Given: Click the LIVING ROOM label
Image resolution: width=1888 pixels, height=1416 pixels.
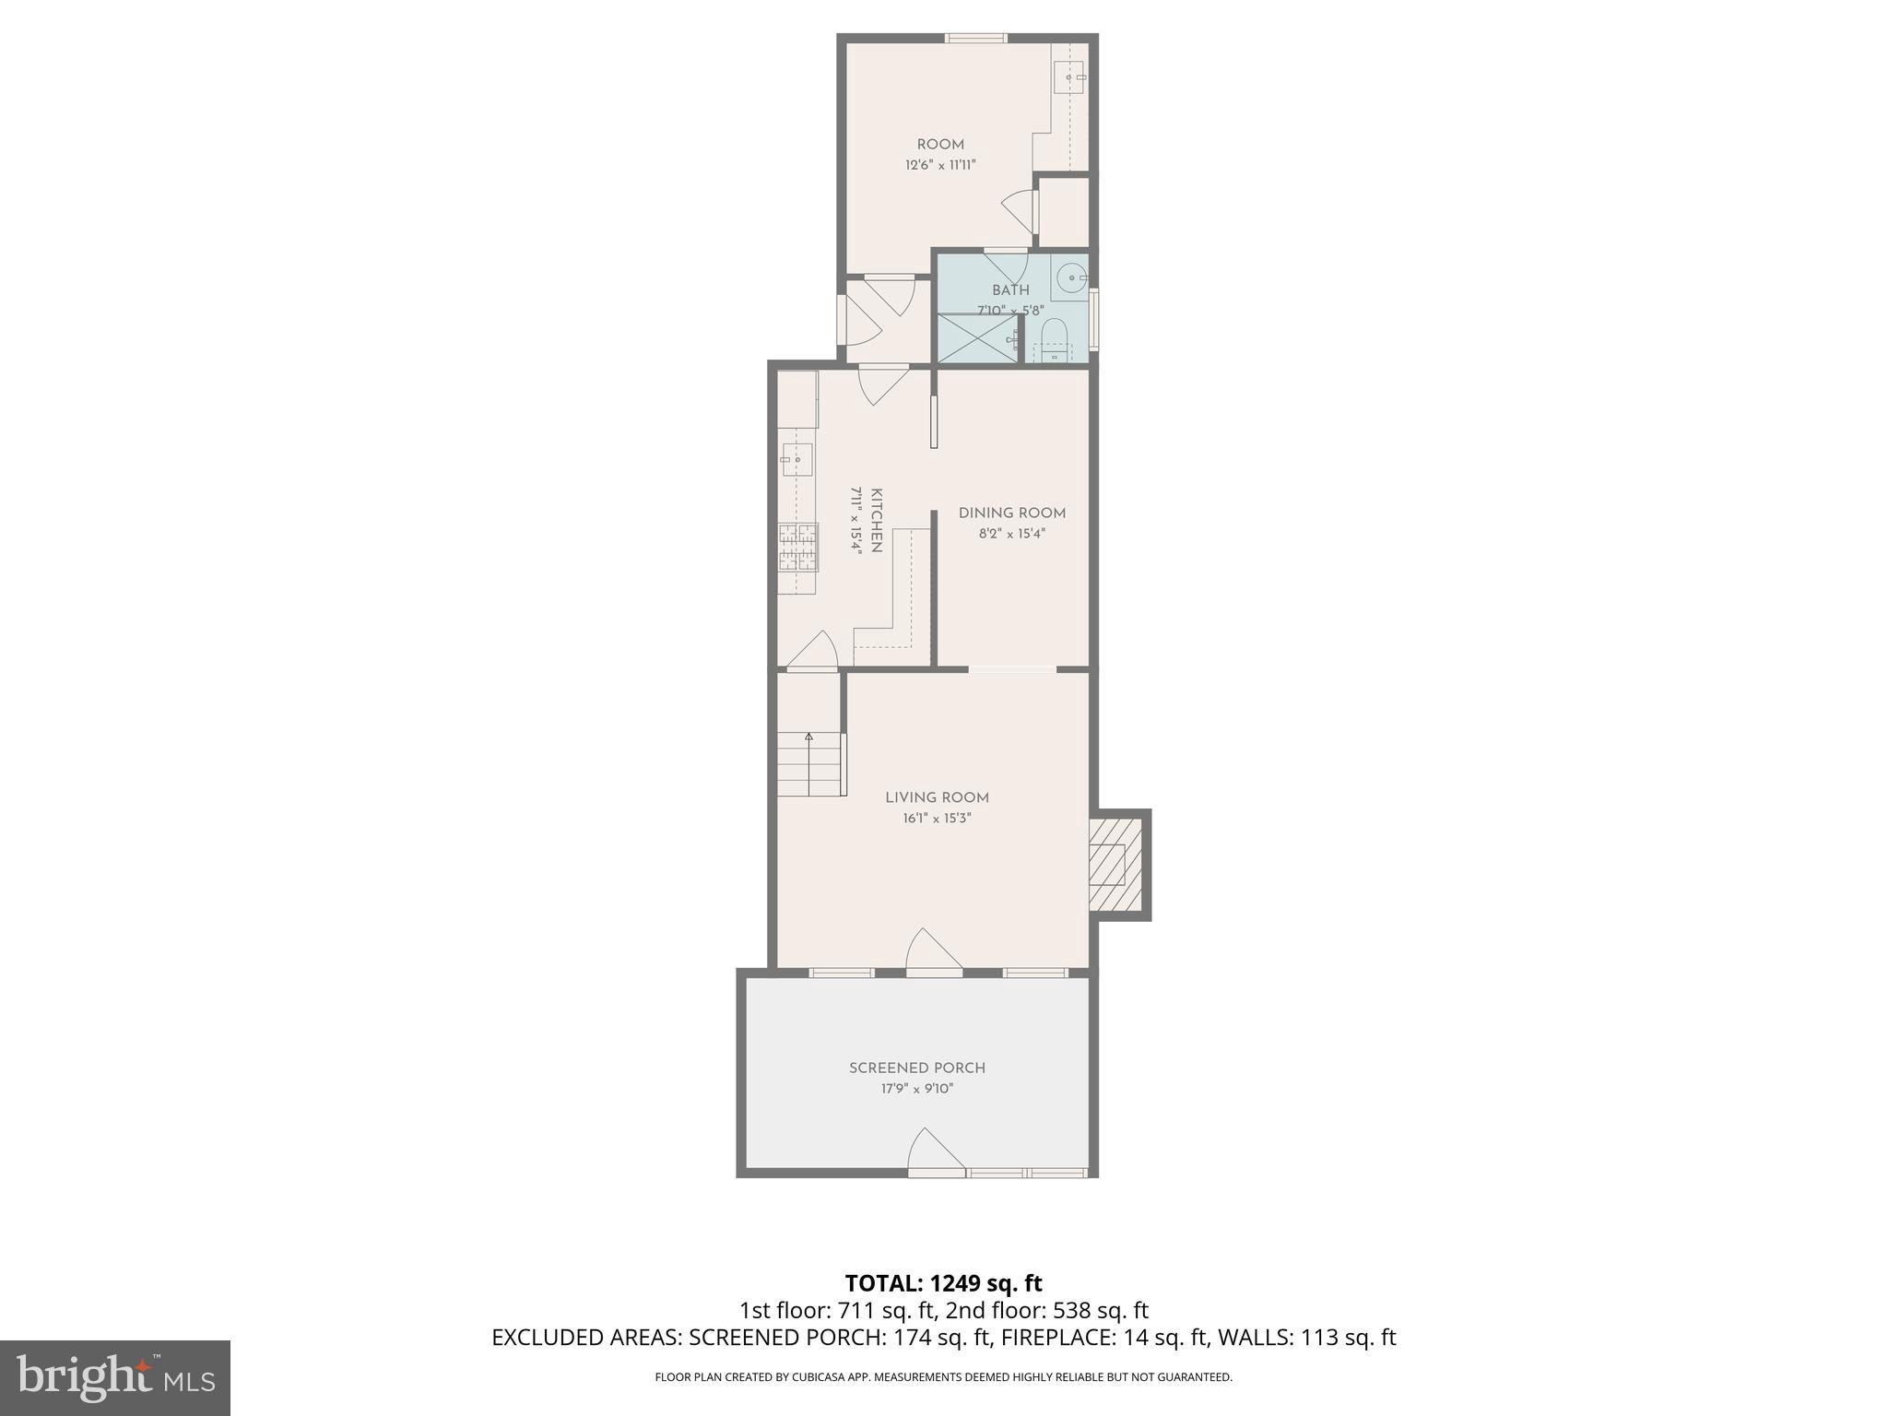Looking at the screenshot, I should coord(937,797).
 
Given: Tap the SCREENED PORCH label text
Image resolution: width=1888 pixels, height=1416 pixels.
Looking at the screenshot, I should coord(917,1068).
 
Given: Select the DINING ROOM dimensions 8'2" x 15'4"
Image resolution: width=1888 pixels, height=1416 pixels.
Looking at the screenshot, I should coord(1011,534).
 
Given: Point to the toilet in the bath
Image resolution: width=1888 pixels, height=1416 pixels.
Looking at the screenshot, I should coord(1054,336).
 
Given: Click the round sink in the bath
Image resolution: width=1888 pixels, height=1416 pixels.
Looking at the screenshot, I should coord(1069,276).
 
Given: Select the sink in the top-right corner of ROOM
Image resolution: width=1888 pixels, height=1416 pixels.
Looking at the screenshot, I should coord(1070,78).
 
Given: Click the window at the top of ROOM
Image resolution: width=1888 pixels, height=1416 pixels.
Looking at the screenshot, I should coord(975,38).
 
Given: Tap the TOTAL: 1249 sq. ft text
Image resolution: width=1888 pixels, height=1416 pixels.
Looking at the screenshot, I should coord(943,1283).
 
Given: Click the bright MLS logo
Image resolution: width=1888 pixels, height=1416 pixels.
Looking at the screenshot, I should coord(114,1377).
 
